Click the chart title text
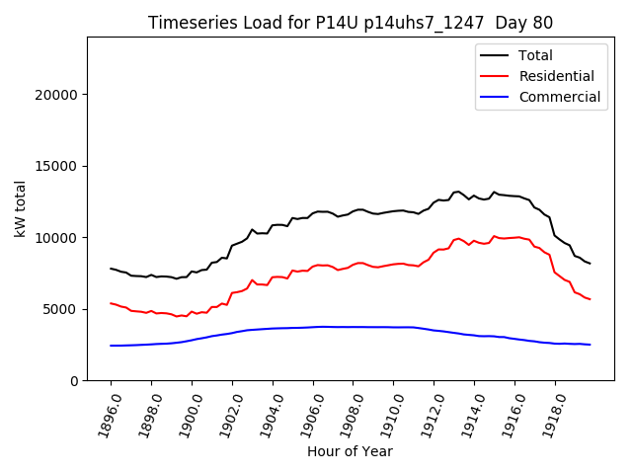(351, 23)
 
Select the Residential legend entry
(556, 76)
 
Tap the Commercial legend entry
(559, 97)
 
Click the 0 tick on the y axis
(75, 380)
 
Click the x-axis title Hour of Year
(350, 451)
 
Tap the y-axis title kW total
(21, 208)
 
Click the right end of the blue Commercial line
(590, 345)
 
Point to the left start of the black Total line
(111, 269)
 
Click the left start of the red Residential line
(111, 303)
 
